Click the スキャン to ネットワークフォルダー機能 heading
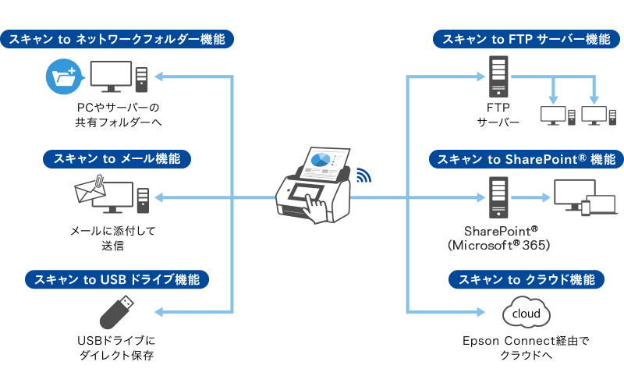pos(117,39)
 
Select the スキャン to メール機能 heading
pos(117,159)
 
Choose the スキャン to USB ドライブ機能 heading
pos(117,279)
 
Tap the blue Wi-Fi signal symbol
pos(363,175)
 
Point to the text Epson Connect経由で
pos(523,341)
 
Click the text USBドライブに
pos(117,341)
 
